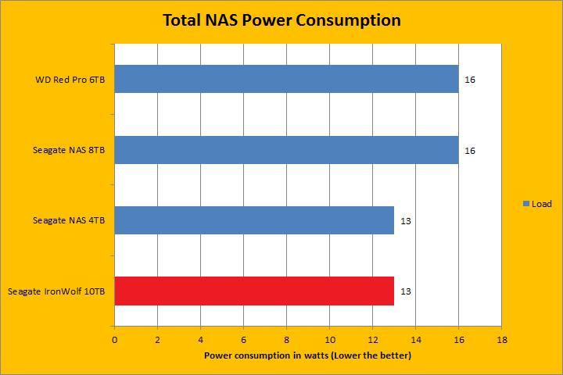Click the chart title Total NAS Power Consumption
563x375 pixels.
click(281, 20)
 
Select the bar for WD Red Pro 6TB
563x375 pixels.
click(286, 79)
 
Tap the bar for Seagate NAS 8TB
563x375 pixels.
click(286, 149)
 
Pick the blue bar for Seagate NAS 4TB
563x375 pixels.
click(254, 220)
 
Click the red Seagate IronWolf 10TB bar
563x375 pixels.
click(254, 291)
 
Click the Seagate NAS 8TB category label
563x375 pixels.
click(69, 149)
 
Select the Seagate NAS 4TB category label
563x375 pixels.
click(69, 220)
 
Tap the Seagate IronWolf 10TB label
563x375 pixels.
click(56, 291)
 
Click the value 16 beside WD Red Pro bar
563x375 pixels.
click(470, 80)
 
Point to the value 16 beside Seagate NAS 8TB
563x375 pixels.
click(470, 150)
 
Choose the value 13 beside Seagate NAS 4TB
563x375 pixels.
click(406, 221)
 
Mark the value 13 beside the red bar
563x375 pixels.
click(406, 291)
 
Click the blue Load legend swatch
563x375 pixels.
click(526, 204)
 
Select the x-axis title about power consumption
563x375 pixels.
click(307, 355)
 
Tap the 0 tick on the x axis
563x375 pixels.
click(115, 340)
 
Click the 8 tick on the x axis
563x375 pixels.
click(287, 340)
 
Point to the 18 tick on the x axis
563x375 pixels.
click(501, 340)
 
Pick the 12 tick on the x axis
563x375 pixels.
click(372, 340)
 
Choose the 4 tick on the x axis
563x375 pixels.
click(201, 340)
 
